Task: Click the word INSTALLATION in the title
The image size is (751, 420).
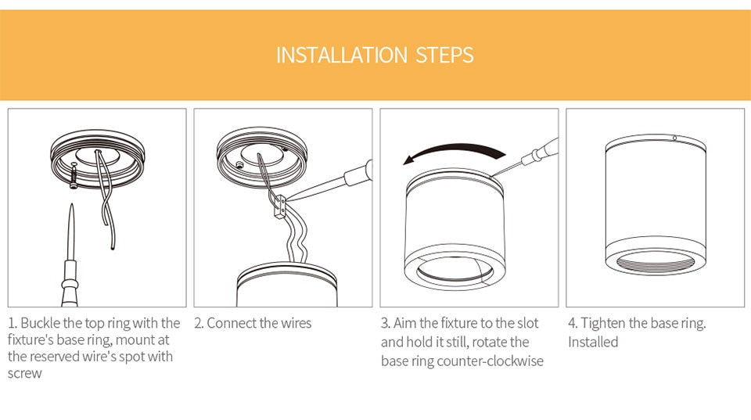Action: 342,55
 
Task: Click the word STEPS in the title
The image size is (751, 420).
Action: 444,55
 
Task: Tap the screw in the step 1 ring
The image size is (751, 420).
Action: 74,175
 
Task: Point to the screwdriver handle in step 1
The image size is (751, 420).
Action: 70,282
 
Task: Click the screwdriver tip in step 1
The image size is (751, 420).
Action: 72,205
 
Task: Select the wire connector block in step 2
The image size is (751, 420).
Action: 280,207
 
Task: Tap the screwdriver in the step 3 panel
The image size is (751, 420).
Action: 526,157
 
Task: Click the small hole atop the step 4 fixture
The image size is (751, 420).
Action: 674,138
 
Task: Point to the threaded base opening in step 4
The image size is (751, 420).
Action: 656,263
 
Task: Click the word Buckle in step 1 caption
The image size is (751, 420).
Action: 41,323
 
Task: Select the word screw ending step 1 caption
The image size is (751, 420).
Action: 25,374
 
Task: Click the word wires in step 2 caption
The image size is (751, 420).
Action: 296,323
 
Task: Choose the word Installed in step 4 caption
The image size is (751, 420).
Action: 593,342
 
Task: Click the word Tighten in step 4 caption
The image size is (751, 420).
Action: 603,324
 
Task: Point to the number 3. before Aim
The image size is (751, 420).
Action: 386,323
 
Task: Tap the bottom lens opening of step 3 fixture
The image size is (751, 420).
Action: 455,271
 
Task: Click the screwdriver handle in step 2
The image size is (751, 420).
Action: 358,174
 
